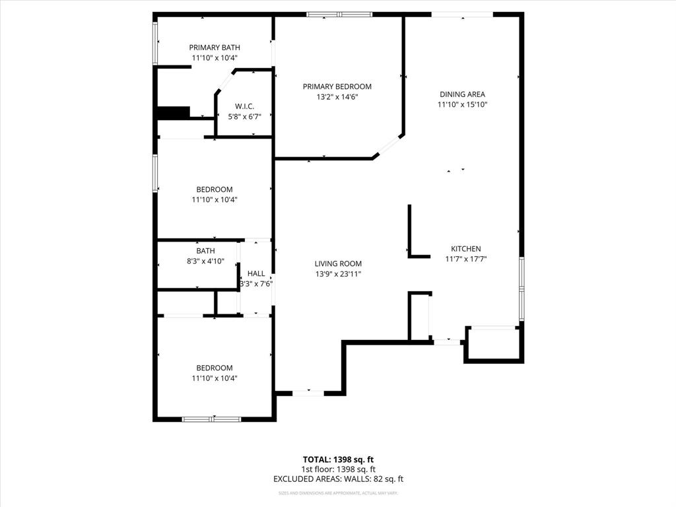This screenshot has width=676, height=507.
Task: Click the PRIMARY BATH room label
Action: [215, 48]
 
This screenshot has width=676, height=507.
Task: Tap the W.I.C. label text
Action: [244, 107]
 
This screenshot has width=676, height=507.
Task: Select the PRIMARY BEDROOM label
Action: [337, 86]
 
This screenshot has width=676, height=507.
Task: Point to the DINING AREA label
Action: [462, 94]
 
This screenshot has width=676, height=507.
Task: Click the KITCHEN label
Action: [467, 249]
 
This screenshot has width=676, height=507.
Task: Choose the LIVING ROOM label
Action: [338, 263]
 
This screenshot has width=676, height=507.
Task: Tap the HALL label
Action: [256, 273]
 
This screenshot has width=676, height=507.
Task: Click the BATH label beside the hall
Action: [205, 251]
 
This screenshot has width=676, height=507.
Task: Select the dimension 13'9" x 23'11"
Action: [338, 274]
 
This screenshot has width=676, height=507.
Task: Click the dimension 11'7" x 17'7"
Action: [467, 259]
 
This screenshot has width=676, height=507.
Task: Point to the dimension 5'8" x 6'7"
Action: [244, 117]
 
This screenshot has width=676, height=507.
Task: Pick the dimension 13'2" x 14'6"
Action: [337, 97]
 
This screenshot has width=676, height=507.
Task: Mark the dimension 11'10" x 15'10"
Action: [462, 104]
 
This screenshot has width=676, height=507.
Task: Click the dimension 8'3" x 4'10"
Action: [205, 261]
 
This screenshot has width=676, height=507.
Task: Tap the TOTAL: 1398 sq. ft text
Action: [338, 459]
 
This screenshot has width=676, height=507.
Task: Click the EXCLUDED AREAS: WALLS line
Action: [338, 479]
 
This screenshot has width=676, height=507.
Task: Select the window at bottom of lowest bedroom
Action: [212, 419]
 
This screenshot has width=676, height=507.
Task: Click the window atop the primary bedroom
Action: [339, 14]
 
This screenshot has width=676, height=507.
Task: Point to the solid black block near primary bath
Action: [174, 113]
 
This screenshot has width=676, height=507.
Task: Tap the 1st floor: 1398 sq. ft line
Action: [338, 469]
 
